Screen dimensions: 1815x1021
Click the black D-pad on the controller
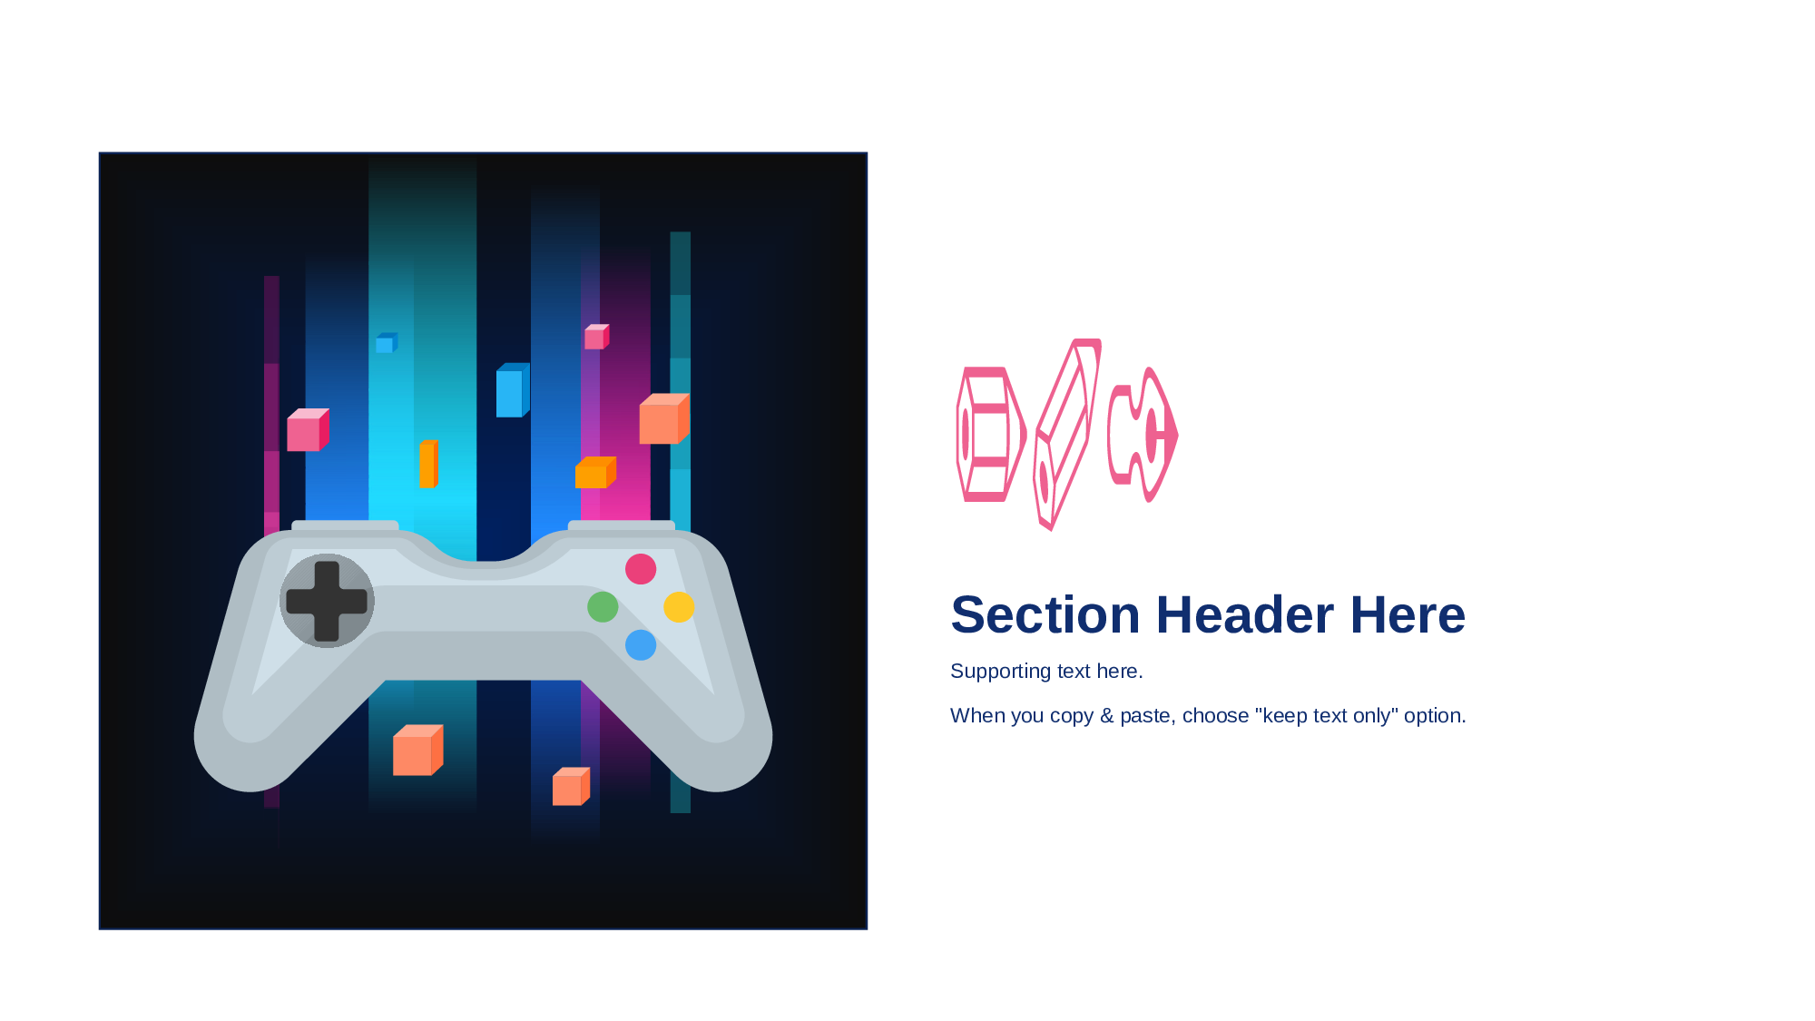pyautogui.click(x=327, y=601)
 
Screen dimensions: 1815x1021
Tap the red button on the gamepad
pyautogui.click(x=641, y=569)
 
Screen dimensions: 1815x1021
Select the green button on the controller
pyautogui.click(x=603, y=606)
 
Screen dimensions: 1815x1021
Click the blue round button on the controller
pyautogui.click(x=641, y=645)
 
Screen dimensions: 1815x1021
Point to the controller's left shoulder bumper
pyautogui.click(x=345, y=525)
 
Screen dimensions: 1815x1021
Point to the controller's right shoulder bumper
pyautogui.click(x=622, y=525)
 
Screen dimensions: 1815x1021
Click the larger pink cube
pyautogui.click(x=309, y=429)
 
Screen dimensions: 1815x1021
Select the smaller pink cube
pyautogui.click(x=596, y=337)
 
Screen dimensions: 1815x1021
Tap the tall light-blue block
pyautogui.click(x=513, y=390)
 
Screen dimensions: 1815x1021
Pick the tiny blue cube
pyautogui.click(x=387, y=343)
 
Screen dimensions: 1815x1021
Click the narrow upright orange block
pyautogui.click(x=428, y=464)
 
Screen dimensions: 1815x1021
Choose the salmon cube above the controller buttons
pyautogui.click(x=664, y=418)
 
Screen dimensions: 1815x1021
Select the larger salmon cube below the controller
pyautogui.click(x=417, y=750)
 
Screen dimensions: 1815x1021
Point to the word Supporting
pyautogui.click(x=1001, y=672)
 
